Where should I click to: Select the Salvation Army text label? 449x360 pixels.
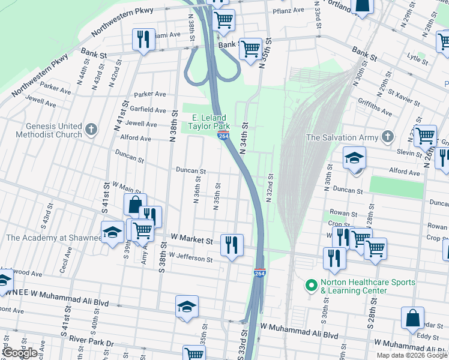342,137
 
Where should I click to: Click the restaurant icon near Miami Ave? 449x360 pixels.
143,40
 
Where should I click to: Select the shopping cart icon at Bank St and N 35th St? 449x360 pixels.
250,49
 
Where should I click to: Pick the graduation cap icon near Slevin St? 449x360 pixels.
354,158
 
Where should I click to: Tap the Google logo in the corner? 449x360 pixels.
20,353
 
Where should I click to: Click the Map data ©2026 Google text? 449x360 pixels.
412,355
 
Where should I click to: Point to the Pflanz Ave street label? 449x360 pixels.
288,11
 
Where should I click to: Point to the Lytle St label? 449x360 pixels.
414,58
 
